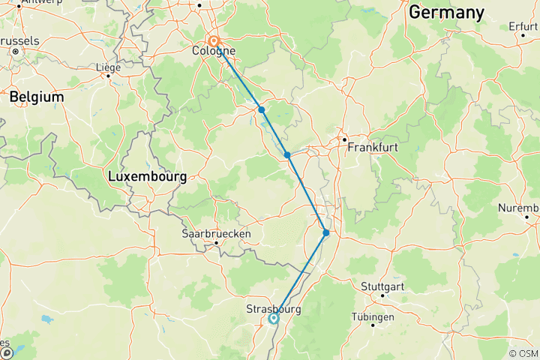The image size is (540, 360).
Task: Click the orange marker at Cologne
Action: pos(214,41)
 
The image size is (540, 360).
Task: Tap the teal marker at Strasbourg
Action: pos(274,318)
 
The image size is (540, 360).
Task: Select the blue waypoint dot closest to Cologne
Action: pos(262,109)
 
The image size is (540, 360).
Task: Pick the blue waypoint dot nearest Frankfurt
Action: pos(287,155)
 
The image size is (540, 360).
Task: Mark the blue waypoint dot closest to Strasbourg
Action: pos(326,232)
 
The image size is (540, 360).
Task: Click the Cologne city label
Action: pos(213,52)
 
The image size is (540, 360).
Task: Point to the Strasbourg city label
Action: pos(273,308)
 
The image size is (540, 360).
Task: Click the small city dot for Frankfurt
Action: pos(343,139)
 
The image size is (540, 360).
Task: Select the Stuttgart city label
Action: pos(382,286)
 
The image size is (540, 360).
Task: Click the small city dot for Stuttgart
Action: pos(382,295)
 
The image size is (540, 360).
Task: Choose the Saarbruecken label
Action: pos(216,233)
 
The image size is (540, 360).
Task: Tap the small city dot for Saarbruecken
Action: pos(217,242)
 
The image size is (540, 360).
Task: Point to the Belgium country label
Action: pos(36,97)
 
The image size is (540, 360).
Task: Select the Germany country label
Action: pos(445,12)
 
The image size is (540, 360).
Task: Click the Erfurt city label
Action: pos(523,26)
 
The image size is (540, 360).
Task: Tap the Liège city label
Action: pos(108,67)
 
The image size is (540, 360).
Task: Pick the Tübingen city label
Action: pos(373,317)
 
